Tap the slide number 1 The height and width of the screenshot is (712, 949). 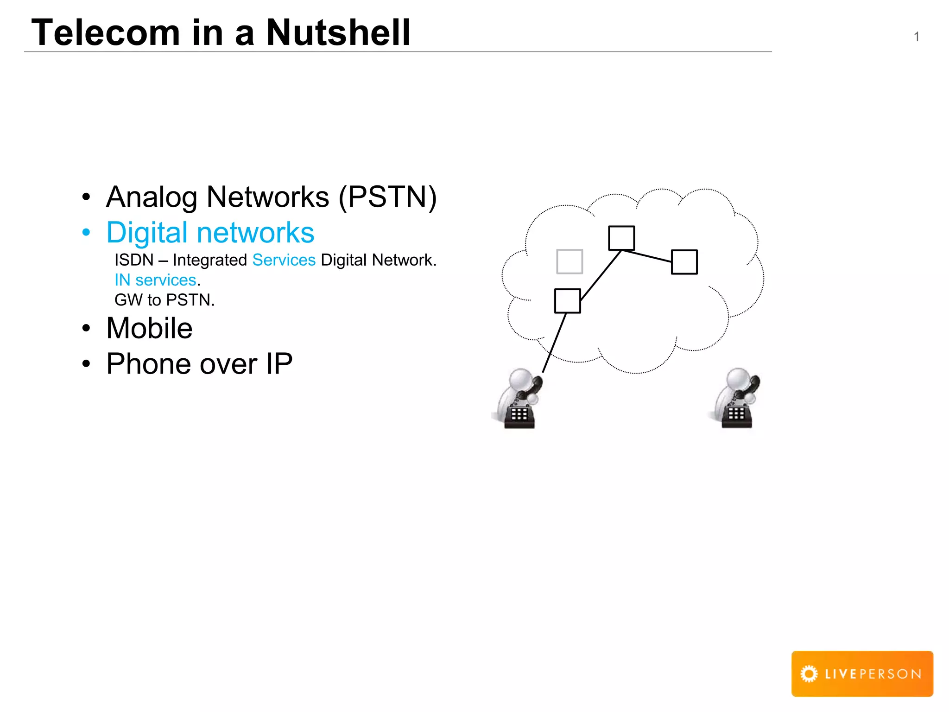click(916, 37)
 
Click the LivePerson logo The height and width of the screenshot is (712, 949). click(862, 674)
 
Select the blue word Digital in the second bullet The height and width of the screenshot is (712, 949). click(149, 232)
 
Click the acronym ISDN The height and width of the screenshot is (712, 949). click(134, 260)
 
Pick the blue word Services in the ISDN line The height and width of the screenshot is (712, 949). click(284, 260)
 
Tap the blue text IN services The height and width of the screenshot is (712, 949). click(156, 280)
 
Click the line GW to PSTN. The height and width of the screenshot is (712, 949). click(164, 300)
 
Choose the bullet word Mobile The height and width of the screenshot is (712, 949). click(149, 328)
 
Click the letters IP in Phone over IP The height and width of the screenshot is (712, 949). click(279, 363)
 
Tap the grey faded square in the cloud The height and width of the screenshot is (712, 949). click(569, 261)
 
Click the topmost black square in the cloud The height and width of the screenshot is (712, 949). click(621, 238)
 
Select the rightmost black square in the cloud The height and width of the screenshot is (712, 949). click(684, 262)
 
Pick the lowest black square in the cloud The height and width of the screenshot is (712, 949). click(568, 301)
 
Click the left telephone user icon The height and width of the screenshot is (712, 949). click(519, 399)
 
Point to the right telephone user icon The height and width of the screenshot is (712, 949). click(736, 398)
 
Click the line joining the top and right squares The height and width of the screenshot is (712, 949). click(647, 256)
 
